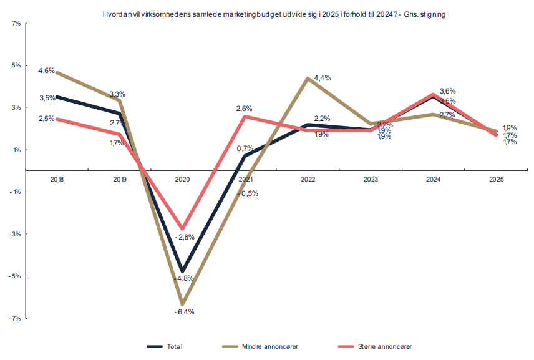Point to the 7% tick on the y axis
pos(16,23)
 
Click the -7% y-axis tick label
pos(16,319)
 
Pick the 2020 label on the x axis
pos(182,180)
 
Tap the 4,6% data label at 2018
pos(47,71)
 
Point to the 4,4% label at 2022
pos(323,78)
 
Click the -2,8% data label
pos(185,237)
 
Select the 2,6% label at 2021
pos(244,109)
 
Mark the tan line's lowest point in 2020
pos(182,304)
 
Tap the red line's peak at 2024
pos(434,95)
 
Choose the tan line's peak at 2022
pos(308,79)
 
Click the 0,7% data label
pos(245,148)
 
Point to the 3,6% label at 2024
pos(448,91)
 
